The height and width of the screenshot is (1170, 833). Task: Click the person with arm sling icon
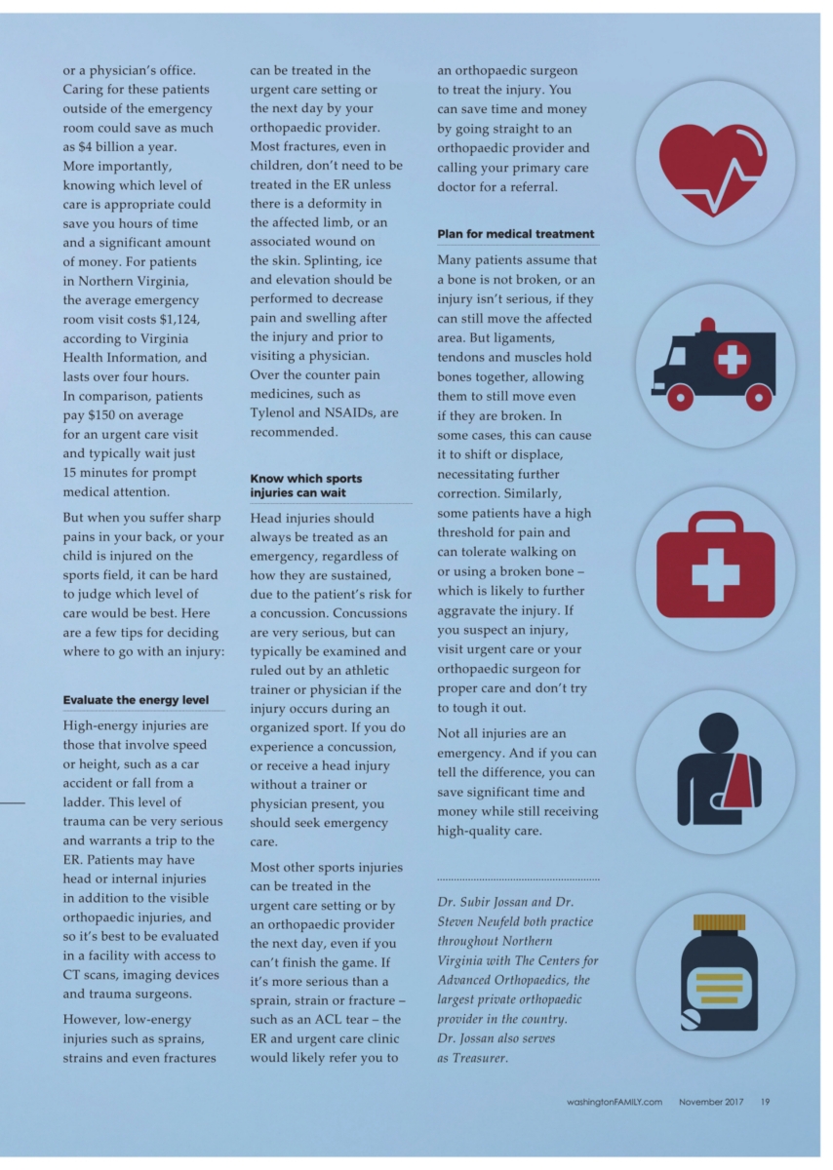coord(715,770)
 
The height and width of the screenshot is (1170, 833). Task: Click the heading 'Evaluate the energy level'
coord(136,700)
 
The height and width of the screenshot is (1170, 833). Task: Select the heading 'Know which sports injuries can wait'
coord(306,485)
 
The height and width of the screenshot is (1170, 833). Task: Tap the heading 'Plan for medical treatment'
coord(515,234)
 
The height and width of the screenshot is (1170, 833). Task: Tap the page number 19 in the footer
coord(766,1102)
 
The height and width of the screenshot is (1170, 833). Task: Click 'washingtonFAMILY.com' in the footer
coord(614,1102)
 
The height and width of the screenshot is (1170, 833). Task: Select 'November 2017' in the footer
coord(711,1102)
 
